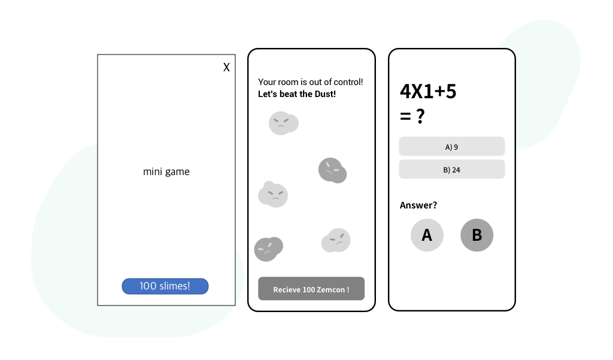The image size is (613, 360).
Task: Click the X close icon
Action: pos(226,67)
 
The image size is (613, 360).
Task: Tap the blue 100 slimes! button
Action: pos(165,286)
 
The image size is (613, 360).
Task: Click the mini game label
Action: pos(166,172)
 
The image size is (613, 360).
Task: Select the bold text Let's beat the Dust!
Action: pos(297,94)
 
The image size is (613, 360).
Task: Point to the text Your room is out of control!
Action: pos(311,81)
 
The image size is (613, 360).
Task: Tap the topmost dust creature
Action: pos(283,123)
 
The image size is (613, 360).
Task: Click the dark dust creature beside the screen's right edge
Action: pos(332,171)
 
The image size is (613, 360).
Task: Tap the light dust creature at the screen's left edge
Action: pos(273,195)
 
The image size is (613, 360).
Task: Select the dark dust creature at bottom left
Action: pos(268,249)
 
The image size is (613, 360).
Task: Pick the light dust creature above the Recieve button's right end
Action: pos(336,241)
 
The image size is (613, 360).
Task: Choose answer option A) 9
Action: pos(452,147)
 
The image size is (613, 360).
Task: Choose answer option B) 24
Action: pos(452,170)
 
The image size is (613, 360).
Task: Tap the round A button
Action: pos(427,235)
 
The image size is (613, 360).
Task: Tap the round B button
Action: pos(477,235)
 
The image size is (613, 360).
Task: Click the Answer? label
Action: pos(418,205)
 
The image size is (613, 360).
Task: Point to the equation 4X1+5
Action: pos(428,92)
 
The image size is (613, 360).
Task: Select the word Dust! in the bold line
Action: pos(326,94)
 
